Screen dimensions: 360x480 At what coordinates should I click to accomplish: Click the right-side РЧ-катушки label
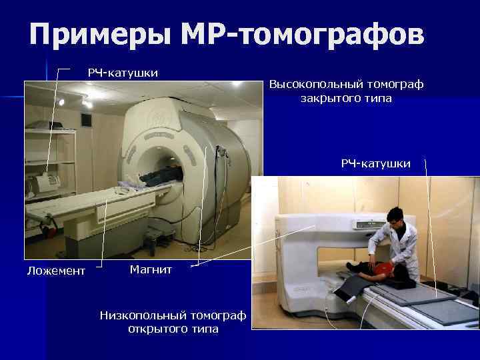point(376,163)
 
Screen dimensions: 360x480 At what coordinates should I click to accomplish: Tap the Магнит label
point(151,269)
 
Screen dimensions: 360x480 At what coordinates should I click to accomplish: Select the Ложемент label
point(56,271)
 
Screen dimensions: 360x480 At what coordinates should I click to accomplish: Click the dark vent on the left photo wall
point(86,120)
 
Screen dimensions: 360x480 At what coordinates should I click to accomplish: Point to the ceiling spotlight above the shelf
point(61,101)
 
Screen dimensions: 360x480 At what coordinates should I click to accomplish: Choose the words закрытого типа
point(346,99)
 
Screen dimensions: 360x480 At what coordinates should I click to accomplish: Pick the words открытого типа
point(173,329)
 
